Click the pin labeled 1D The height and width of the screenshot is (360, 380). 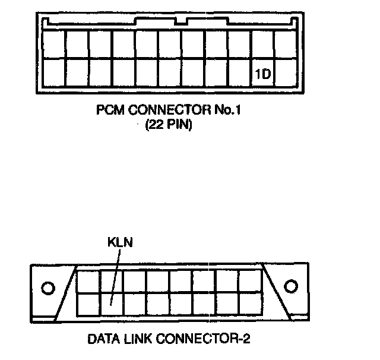pos(263,75)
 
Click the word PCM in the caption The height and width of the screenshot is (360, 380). pos(108,111)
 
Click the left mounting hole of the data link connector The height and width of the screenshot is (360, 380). pos(47,289)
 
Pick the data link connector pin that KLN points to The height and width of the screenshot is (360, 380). pos(111,302)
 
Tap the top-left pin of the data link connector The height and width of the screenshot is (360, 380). pos(88,280)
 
